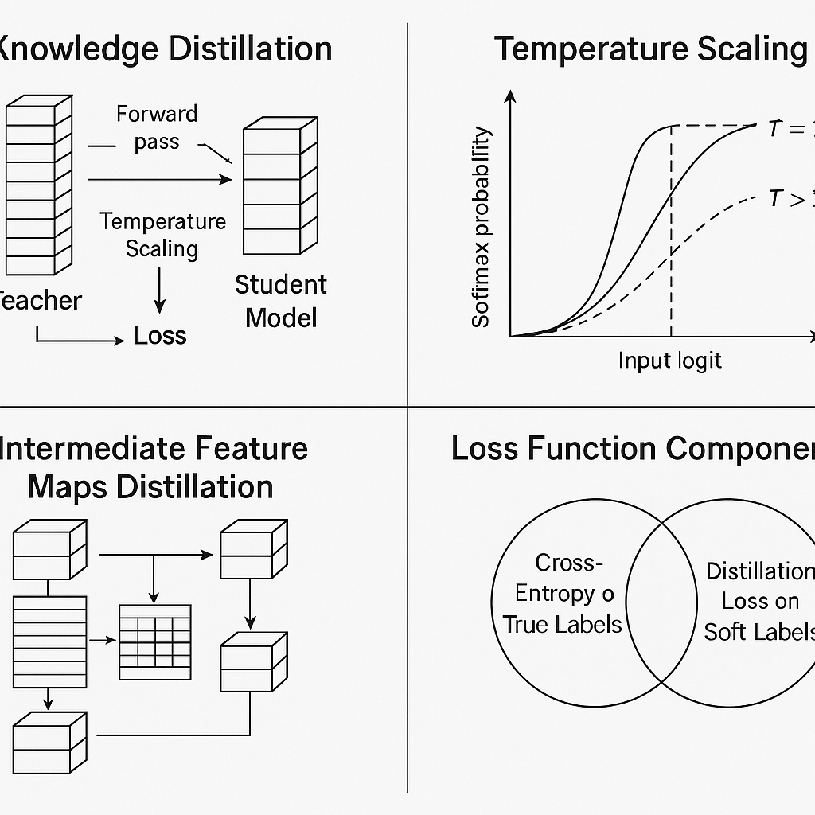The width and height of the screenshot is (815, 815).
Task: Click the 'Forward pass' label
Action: click(x=156, y=127)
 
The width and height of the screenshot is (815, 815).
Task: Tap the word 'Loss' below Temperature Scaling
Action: click(x=160, y=336)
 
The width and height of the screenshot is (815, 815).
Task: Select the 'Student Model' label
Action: click(x=281, y=301)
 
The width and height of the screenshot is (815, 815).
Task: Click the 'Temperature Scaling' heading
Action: click(x=650, y=49)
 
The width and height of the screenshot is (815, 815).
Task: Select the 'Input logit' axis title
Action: click(x=669, y=361)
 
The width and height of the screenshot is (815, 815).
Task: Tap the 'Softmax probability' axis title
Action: click(x=481, y=228)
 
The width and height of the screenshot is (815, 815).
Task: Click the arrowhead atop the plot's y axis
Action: click(x=510, y=96)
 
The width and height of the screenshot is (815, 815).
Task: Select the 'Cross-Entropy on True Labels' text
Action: click(x=562, y=594)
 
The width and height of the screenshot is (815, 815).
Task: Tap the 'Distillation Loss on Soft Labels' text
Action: click(x=759, y=601)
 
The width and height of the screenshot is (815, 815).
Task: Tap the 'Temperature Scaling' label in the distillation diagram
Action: click(x=162, y=235)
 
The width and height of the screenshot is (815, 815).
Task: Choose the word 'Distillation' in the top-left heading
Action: click(x=250, y=49)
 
